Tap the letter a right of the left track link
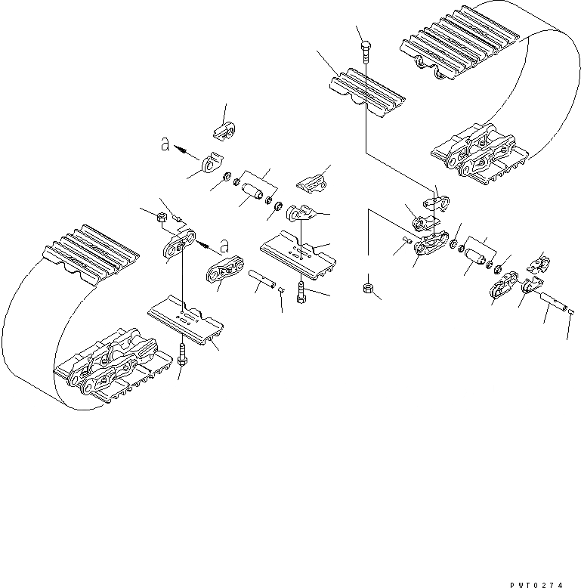pyautogui.click(x=223, y=243)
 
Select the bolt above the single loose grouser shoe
pyautogui.click(x=365, y=51)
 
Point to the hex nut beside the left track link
pyautogui.click(x=161, y=218)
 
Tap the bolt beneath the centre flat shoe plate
pyautogui.click(x=301, y=290)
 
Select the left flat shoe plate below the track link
pyautogui.click(x=185, y=320)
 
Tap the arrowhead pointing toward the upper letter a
pyautogui.click(x=181, y=150)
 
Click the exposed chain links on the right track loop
pyautogui.click(x=476, y=155)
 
